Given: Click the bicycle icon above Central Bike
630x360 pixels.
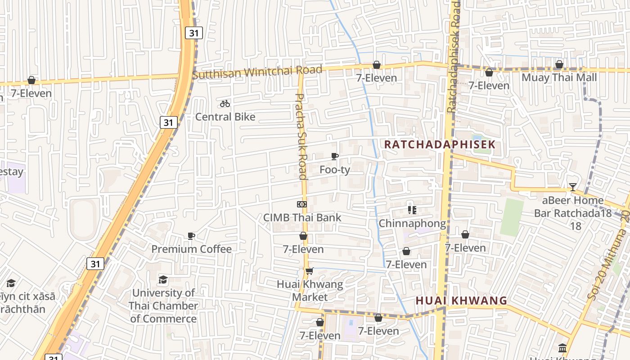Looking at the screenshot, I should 225,104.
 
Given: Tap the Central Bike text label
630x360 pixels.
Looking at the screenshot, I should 225,117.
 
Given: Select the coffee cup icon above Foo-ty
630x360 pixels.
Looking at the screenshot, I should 334,157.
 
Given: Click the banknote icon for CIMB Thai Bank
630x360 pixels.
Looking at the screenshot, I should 301,204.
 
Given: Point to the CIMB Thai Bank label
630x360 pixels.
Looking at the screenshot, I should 302,218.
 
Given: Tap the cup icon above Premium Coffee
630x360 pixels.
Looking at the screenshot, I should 191,236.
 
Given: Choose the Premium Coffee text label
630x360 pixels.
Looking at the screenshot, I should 191,249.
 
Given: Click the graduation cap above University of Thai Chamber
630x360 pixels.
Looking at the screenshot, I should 163,280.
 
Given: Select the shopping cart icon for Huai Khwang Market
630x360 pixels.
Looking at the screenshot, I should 309,271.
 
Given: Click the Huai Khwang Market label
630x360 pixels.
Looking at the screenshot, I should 310,291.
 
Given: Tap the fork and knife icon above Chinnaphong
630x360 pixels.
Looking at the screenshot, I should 412,210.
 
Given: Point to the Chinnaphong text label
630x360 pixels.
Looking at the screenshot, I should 412,224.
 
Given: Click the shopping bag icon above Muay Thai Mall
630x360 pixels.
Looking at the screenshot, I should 559,65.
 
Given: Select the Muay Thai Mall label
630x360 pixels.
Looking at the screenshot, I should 559,78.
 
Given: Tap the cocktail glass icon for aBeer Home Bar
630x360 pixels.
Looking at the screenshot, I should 572,187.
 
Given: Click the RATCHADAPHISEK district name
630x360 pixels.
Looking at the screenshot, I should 439,145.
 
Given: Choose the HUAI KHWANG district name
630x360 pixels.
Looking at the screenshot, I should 461,301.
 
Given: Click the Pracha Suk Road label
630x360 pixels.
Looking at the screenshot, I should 301,136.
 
